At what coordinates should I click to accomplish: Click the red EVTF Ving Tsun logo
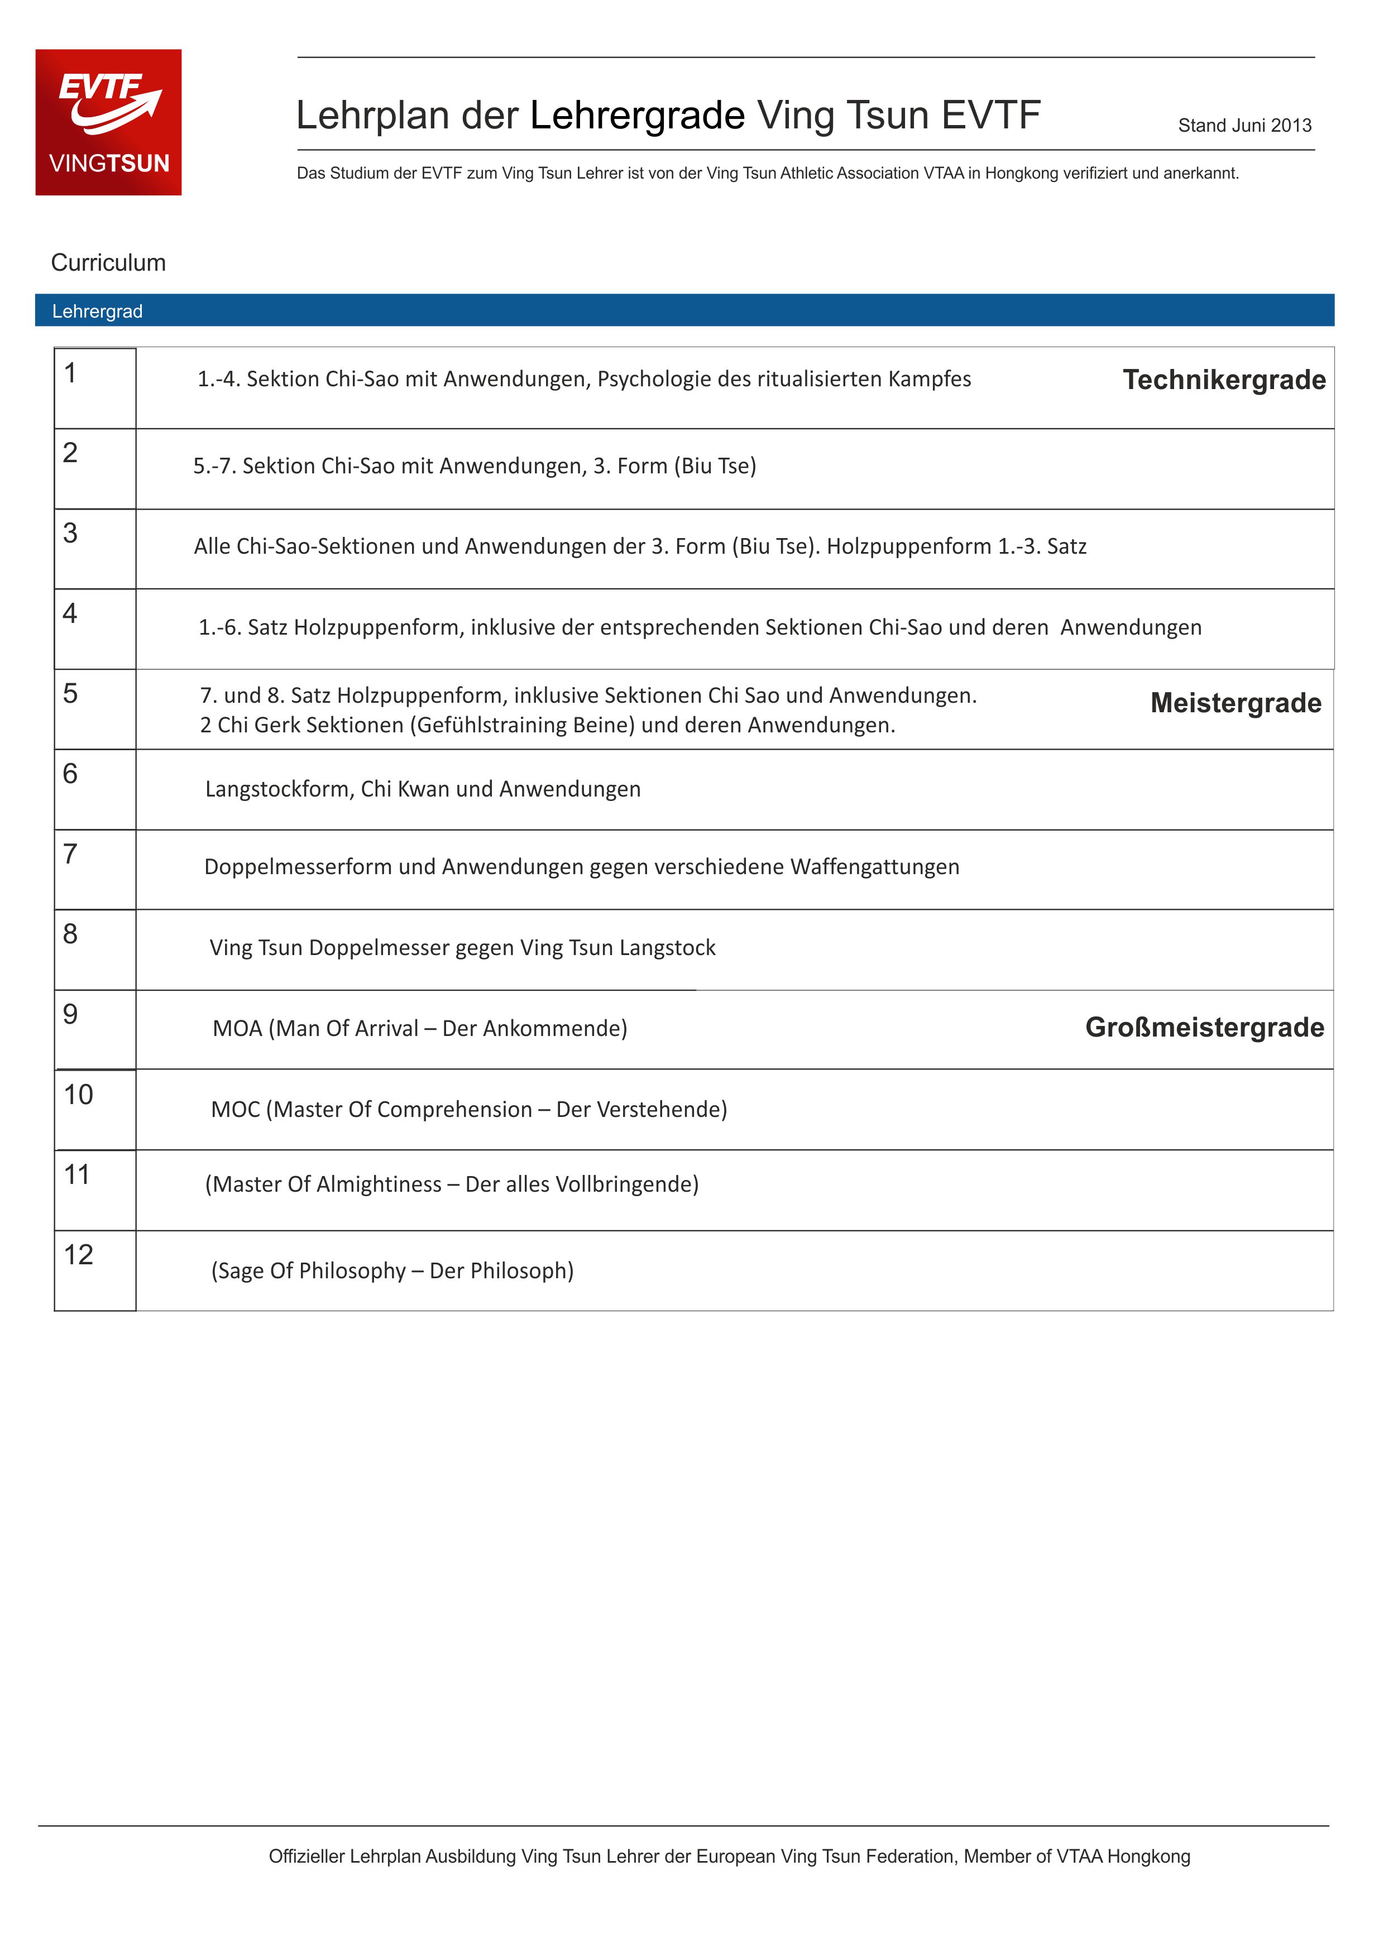click(x=108, y=122)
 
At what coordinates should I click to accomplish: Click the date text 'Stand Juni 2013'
click(x=1244, y=125)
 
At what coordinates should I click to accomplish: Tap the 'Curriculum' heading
click(x=108, y=262)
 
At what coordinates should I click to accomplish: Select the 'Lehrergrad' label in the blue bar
click(x=97, y=311)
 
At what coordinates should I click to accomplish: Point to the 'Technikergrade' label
click(x=1224, y=380)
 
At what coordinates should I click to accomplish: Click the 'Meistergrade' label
click(x=1236, y=703)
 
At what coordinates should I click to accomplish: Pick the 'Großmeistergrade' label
click(x=1204, y=1027)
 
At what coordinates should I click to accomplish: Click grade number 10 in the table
click(x=78, y=1095)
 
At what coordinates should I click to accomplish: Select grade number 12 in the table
click(x=78, y=1255)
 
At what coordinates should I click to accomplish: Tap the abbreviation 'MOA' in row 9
click(x=238, y=1029)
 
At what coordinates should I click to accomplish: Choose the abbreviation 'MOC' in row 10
click(x=236, y=1110)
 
